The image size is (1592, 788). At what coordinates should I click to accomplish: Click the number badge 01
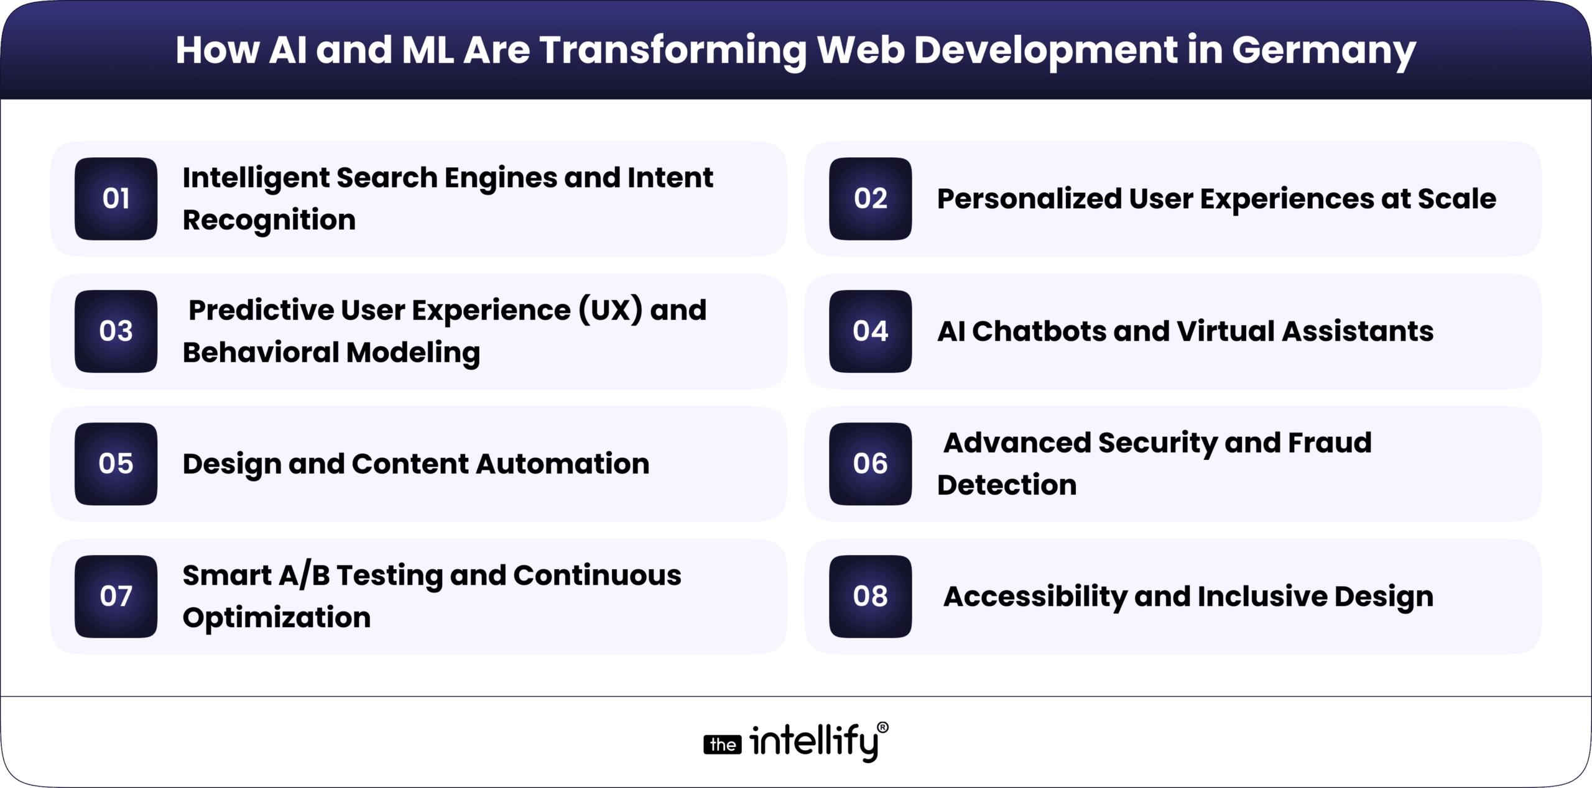[116, 199]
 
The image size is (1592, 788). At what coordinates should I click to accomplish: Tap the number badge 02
[870, 199]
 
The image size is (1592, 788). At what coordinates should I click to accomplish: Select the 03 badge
[116, 331]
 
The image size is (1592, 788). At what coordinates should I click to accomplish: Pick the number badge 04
[870, 331]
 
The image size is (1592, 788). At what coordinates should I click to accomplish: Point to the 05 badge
[116, 464]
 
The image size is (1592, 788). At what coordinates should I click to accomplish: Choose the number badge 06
[870, 464]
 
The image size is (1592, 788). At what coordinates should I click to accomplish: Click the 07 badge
[116, 596]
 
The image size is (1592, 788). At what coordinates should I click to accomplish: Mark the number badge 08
[870, 596]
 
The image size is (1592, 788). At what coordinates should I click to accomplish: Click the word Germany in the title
[1323, 51]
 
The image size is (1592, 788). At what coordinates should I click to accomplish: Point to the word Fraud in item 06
[1330, 442]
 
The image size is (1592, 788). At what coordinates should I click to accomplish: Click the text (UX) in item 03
[610, 310]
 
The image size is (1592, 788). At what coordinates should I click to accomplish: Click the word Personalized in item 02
[1029, 199]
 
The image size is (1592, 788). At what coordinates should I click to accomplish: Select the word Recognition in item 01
[269, 220]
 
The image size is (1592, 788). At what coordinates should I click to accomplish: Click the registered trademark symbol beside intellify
[882, 728]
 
